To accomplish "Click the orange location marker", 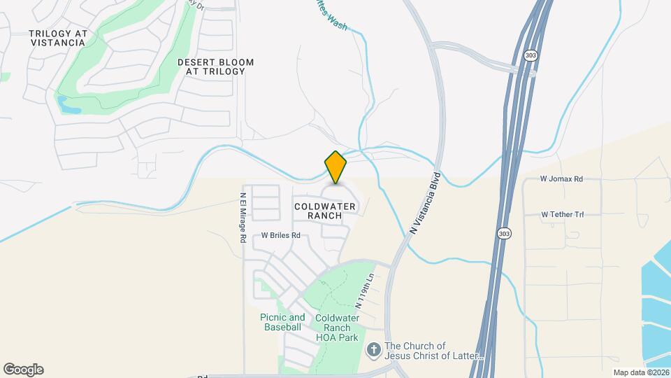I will coord(336,167).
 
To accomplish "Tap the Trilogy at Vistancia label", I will coord(57,38).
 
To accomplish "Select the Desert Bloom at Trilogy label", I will coord(215,66).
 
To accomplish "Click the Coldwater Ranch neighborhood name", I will coord(325,211).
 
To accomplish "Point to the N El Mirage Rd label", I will coord(243,218).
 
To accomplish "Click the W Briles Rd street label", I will coord(280,236).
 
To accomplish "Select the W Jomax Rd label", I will coord(561,179).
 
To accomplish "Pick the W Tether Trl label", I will coord(562,214).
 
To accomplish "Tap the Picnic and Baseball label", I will coord(282,322).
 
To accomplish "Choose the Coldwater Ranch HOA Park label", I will coord(337,328).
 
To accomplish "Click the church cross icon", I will coord(375,349).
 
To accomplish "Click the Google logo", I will coord(23,370).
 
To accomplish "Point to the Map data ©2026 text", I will coord(640,372).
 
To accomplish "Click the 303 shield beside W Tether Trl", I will coord(503,233).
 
